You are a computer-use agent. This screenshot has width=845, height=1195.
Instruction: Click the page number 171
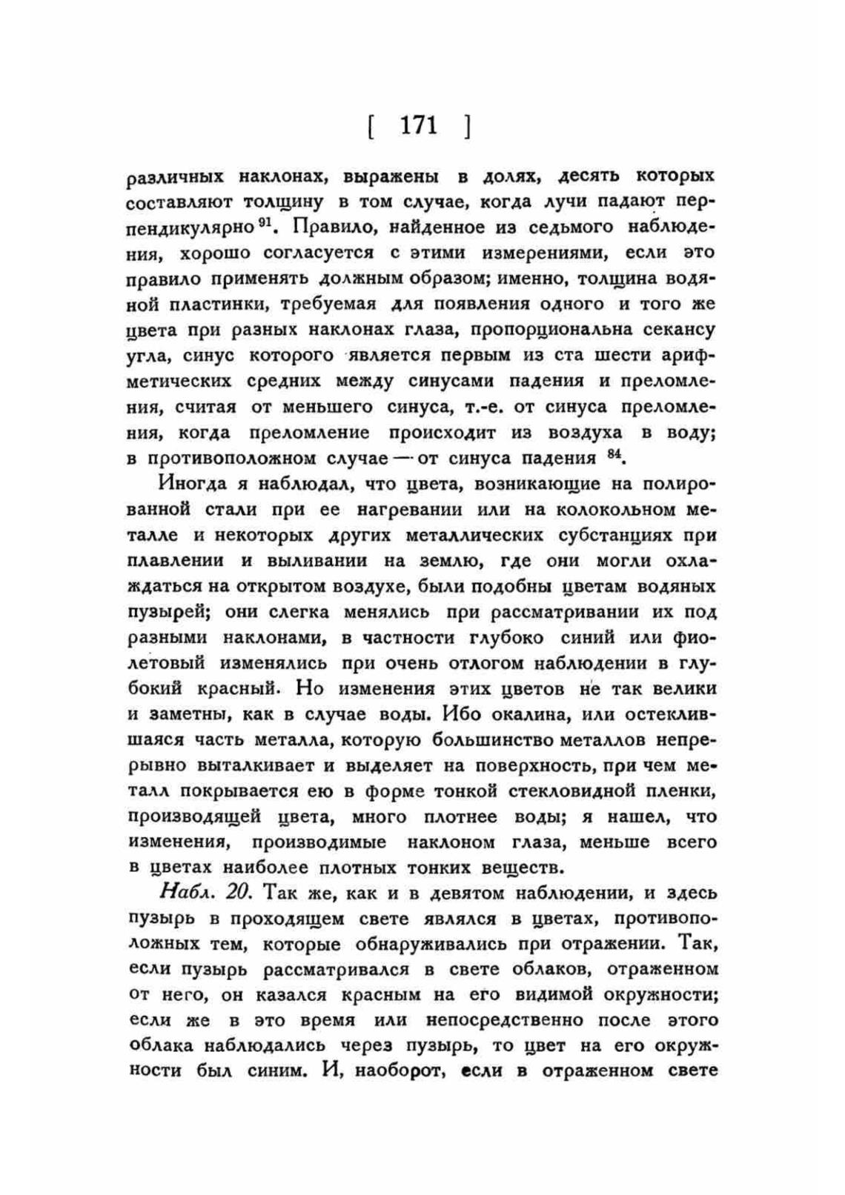(419, 125)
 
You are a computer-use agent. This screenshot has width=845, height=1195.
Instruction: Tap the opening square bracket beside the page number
(369, 127)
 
